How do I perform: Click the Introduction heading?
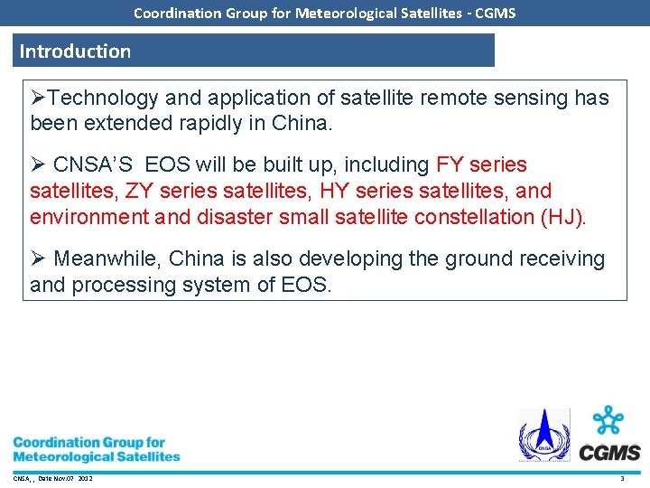75,52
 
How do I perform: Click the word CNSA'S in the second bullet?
93,165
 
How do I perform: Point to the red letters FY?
450,165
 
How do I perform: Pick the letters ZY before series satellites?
136,192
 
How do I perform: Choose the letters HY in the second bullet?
342,192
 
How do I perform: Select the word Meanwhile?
108,259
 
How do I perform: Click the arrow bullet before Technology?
38,98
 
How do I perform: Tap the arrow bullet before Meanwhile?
38,259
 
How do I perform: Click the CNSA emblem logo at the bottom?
543,436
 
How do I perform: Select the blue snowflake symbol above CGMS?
609,421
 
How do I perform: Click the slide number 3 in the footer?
622,478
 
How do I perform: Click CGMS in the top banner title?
496,13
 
